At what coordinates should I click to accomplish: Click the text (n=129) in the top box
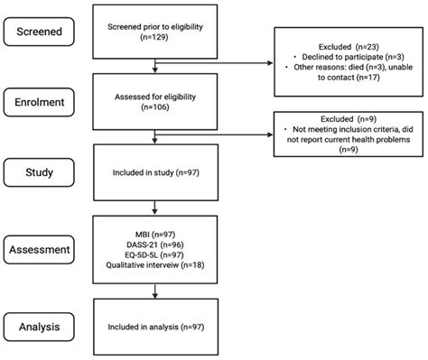(159, 39)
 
